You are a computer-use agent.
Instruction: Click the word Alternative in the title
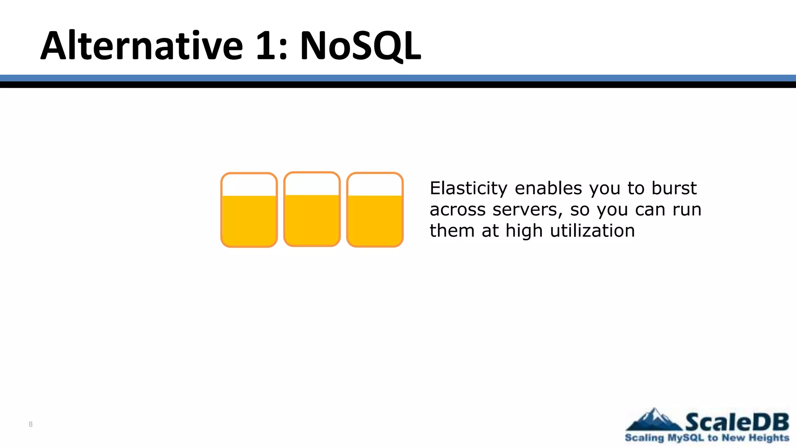(x=142, y=46)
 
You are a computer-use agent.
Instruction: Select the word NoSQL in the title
(x=360, y=46)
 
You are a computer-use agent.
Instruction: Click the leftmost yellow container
(x=249, y=210)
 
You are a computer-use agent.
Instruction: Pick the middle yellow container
(x=312, y=209)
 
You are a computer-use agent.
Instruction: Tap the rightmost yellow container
(x=375, y=210)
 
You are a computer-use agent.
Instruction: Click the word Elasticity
(x=468, y=189)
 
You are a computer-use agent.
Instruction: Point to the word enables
(x=548, y=189)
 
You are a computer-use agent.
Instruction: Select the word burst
(x=674, y=189)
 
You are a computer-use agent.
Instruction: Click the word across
(x=457, y=210)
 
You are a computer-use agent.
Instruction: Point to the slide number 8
(x=31, y=424)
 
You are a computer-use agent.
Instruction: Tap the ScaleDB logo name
(x=737, y=422)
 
